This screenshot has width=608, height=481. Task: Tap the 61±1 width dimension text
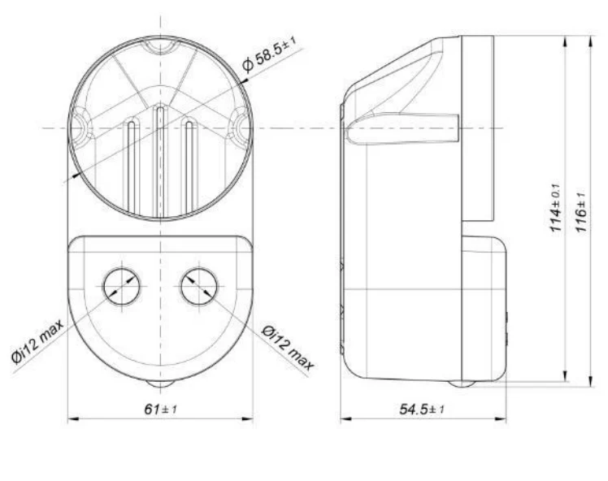pyautogui.click(x=160, y=409)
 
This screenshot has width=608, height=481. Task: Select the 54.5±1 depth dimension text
pyautogui.click(x=422, y=409)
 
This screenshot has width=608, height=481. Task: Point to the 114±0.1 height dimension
pyautogui.click(x=556, y=207)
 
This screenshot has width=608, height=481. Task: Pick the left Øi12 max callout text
pyautogui.click(x=37, y=341)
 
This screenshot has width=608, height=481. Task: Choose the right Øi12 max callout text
pyautogui.click(x=287, y=348)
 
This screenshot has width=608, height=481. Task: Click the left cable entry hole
pyautogui.click(x=122, y=287)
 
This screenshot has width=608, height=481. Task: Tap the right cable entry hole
pyautogui.click(x=199, y=287)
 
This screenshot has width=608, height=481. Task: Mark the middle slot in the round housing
pyautogui.click(x=160, y=161)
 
